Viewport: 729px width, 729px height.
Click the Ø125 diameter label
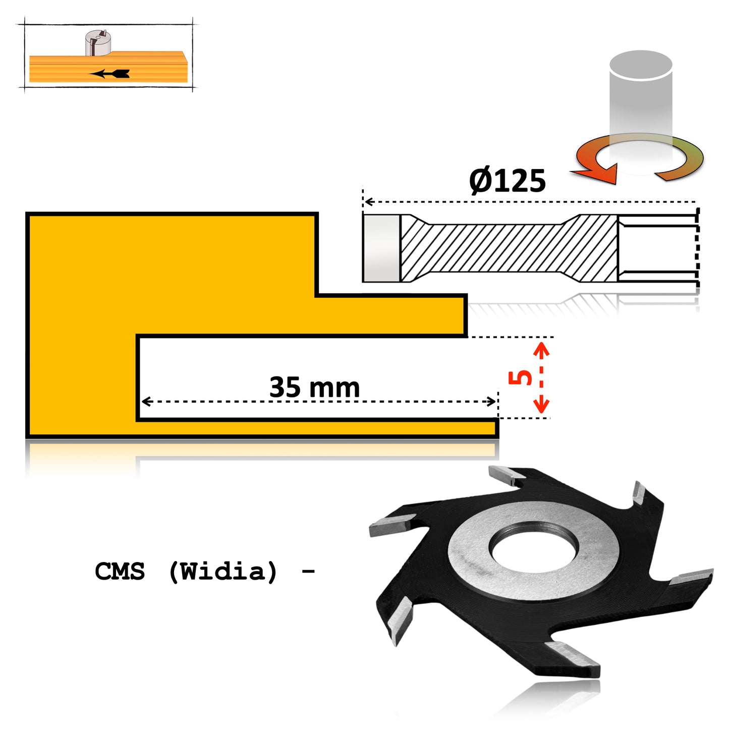507,181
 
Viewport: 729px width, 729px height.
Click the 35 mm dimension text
314,387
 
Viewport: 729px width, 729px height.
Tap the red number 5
520,377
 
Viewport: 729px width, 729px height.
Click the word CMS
120,571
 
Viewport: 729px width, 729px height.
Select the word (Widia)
223,571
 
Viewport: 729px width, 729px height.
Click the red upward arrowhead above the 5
541,349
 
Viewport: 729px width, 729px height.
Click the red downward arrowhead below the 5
541,406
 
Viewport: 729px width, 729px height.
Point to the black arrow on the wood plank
111,74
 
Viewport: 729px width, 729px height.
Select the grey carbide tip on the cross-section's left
381,248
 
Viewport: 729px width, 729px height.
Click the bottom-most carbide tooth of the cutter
575,659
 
